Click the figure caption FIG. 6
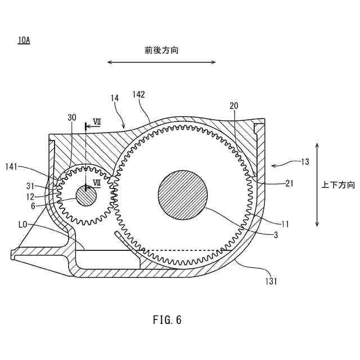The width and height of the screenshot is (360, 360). click(x=167, y=320)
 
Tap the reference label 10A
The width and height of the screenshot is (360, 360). click(x=24, y=40)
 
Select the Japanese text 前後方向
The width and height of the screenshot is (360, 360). click(x=161, y=50)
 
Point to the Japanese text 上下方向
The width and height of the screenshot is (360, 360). click(x=339, y=184)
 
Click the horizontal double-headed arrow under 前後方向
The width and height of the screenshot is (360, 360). click(x=161, y=62)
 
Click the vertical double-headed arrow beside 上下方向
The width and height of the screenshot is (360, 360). click(x=318, y=184)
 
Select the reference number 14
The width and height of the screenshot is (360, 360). click(x=114, y=98)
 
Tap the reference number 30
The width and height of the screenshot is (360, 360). click(x=71, y=117)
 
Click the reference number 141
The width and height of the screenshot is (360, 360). click(x=12, y=166)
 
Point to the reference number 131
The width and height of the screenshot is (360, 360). click(x=271, y=280)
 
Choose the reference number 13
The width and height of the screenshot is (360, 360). click(x=304, y=162)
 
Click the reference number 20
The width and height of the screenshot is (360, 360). click(x=234, y=106)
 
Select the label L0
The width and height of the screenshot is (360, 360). click(x=23, y=224)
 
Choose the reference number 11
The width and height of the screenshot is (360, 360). click(x=285, y=223)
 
